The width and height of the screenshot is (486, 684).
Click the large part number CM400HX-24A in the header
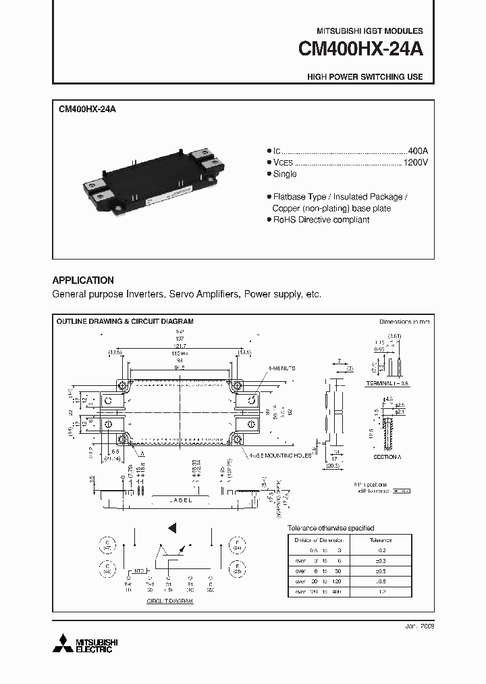tap(360, 51)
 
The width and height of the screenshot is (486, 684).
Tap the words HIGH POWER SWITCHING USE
tap(364, 77)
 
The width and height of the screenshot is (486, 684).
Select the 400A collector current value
tap(417, 150)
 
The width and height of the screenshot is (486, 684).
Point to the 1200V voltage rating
tap(415, 162)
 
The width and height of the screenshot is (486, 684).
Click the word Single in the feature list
tap(284, 174)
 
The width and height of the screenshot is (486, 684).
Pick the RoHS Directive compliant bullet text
tap(320, 220)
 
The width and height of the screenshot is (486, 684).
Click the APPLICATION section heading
tap(83, 280)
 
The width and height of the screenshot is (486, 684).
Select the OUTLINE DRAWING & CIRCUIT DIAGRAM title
tap(125, 322)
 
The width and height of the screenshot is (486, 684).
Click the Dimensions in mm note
tap(404, 322)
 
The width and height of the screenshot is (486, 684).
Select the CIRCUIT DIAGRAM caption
tap(169, 600)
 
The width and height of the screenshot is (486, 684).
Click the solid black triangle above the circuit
tap(172, 527)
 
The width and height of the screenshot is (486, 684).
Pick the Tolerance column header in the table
tap(380, 540)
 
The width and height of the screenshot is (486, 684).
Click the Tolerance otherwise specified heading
tap(331, 528)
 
